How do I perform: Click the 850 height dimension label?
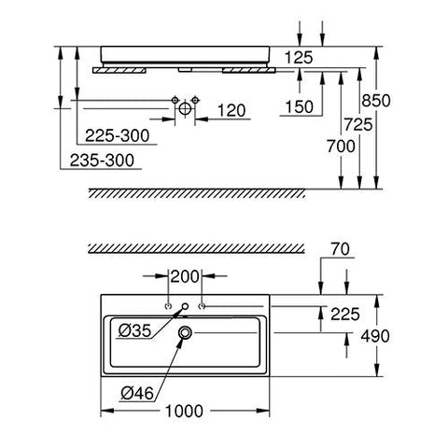pyautogui.click(x=376, y=101)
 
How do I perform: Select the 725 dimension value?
pyautogui.click(x=358, y=125)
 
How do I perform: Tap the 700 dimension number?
pyautogui.click(x=341, y=147)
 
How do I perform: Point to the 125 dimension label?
pyautogui.click(x=299, y=58)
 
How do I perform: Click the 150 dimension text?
pyautogui.click(x=300, y=107)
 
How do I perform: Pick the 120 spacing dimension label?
pyautogui.click(x=231, y=110)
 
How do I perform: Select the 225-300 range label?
pyautogui.click(x=118, y=135)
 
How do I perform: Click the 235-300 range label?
pyautogui.click(x=102, y=161)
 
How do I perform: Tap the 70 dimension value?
pyautogui.click(x=340, y=249)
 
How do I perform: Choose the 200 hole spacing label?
pyautogui.click(x=185, y=276)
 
